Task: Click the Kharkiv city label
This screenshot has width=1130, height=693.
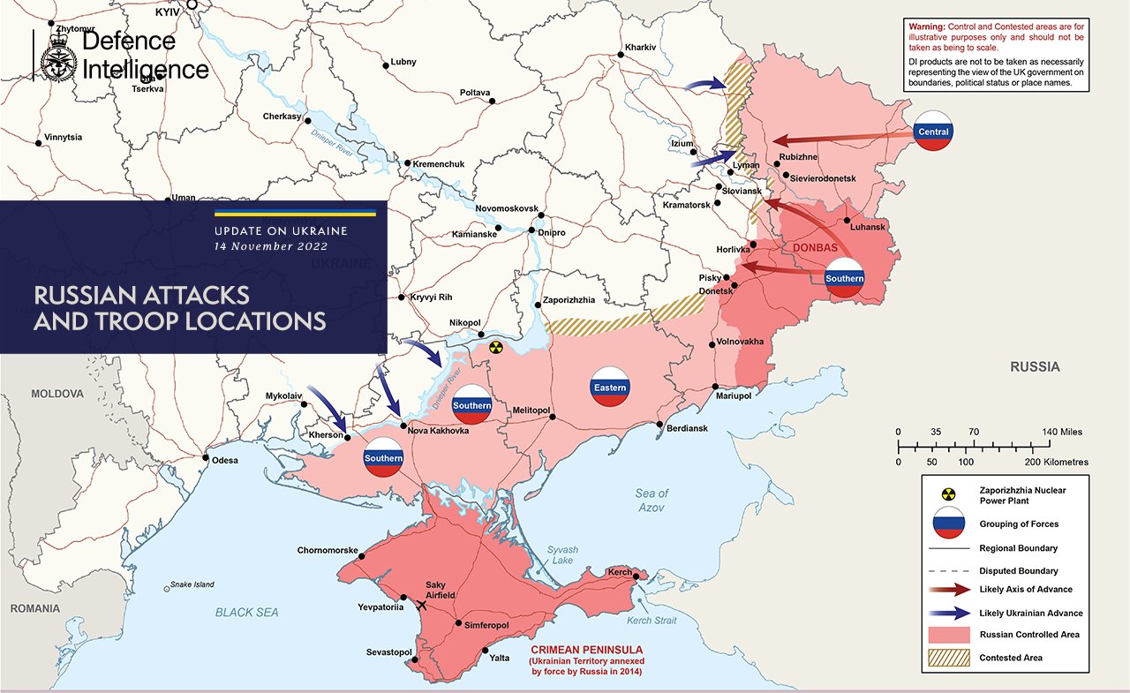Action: [640, 46]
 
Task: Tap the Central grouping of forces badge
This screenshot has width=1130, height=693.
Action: [933, 132]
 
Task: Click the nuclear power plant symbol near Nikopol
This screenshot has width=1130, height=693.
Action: [496, 348]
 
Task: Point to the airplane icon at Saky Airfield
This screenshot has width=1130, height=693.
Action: [421, 606]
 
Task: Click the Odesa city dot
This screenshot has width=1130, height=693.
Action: [206, 458]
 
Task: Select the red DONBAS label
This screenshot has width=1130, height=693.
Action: [815, 248]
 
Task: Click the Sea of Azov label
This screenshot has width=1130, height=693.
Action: [652, 501]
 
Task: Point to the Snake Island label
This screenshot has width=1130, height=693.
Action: [192, 584]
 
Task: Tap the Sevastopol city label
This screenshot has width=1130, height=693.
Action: [389, 652]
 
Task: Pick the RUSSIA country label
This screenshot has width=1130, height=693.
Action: [1035, 367]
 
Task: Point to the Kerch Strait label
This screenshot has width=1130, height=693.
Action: [652, 621]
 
